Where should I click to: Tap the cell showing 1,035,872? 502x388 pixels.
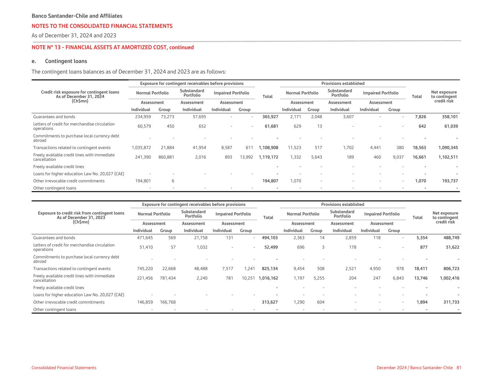tap(141, 147)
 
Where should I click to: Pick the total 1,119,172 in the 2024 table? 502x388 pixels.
tap(268, 157)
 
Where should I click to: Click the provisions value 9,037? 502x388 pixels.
tap(398, 157)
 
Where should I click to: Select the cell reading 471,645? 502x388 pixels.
tap(143, 238)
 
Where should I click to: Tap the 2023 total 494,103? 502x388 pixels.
tap(270, 238)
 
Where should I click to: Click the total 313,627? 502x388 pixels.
tap(270, 302)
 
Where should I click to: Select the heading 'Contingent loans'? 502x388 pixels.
tap(66, 61)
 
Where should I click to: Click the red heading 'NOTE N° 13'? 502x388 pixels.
tap(113, 47)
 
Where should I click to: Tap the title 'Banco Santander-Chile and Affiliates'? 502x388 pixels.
tap(77, 16)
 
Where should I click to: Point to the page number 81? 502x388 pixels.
tap(459, 368)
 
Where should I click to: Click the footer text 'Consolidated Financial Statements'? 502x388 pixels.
tap(64, 368)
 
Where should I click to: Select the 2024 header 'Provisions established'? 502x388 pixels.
tap(343, 83)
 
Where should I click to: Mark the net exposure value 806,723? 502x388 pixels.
tap(449, 268)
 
